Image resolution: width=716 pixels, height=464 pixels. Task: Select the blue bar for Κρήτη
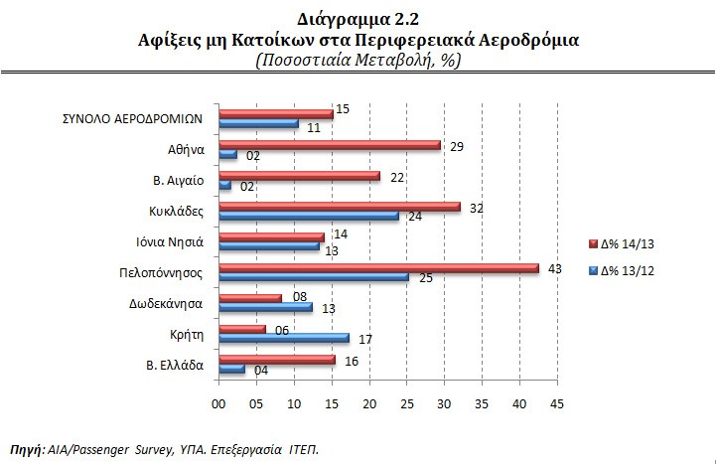coord(283,338)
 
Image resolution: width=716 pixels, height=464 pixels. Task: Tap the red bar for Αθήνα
coord(329,145)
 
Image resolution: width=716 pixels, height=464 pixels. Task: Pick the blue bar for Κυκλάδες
coord(308,216)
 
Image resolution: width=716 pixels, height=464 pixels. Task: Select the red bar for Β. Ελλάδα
coord(276,359)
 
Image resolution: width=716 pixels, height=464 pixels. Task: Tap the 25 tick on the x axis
coord(406,403)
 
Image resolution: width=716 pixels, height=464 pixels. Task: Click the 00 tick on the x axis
coord(218,403)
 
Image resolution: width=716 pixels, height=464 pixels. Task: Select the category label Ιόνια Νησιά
coord(171,240)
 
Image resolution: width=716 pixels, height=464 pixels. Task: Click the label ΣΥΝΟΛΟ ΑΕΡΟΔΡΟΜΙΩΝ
coord(132,117)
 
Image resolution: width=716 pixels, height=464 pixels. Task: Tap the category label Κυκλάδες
coord(178,210)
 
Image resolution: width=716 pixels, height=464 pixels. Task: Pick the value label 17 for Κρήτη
coord(364,338)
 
